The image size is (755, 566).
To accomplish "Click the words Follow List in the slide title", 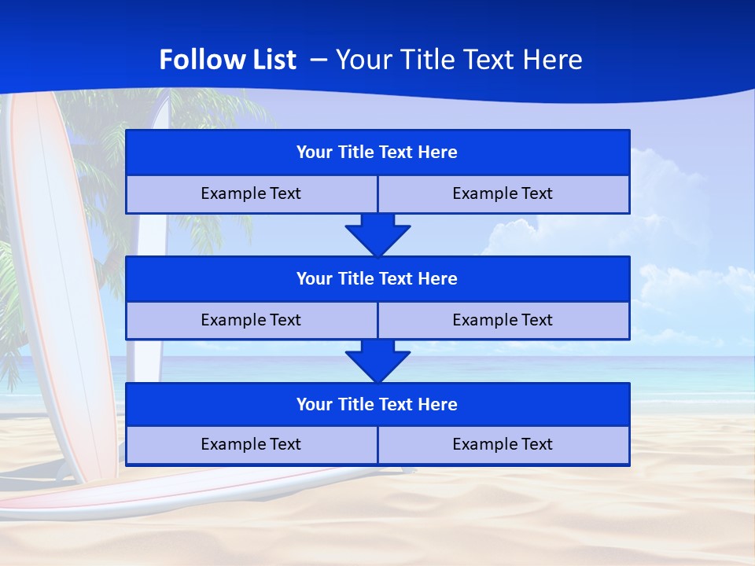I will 227,60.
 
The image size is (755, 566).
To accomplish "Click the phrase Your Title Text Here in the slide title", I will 459,60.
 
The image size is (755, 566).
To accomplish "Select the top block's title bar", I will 377,153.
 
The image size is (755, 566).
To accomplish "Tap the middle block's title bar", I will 377,279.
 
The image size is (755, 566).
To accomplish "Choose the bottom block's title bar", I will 377,405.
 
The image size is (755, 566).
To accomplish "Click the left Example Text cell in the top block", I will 251,194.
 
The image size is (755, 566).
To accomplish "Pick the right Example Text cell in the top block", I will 503,194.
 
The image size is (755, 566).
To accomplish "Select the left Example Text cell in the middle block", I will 251,321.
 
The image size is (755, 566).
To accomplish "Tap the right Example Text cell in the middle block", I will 503,321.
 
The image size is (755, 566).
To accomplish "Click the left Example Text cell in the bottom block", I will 251,445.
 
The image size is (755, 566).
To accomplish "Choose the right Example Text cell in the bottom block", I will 503,445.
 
